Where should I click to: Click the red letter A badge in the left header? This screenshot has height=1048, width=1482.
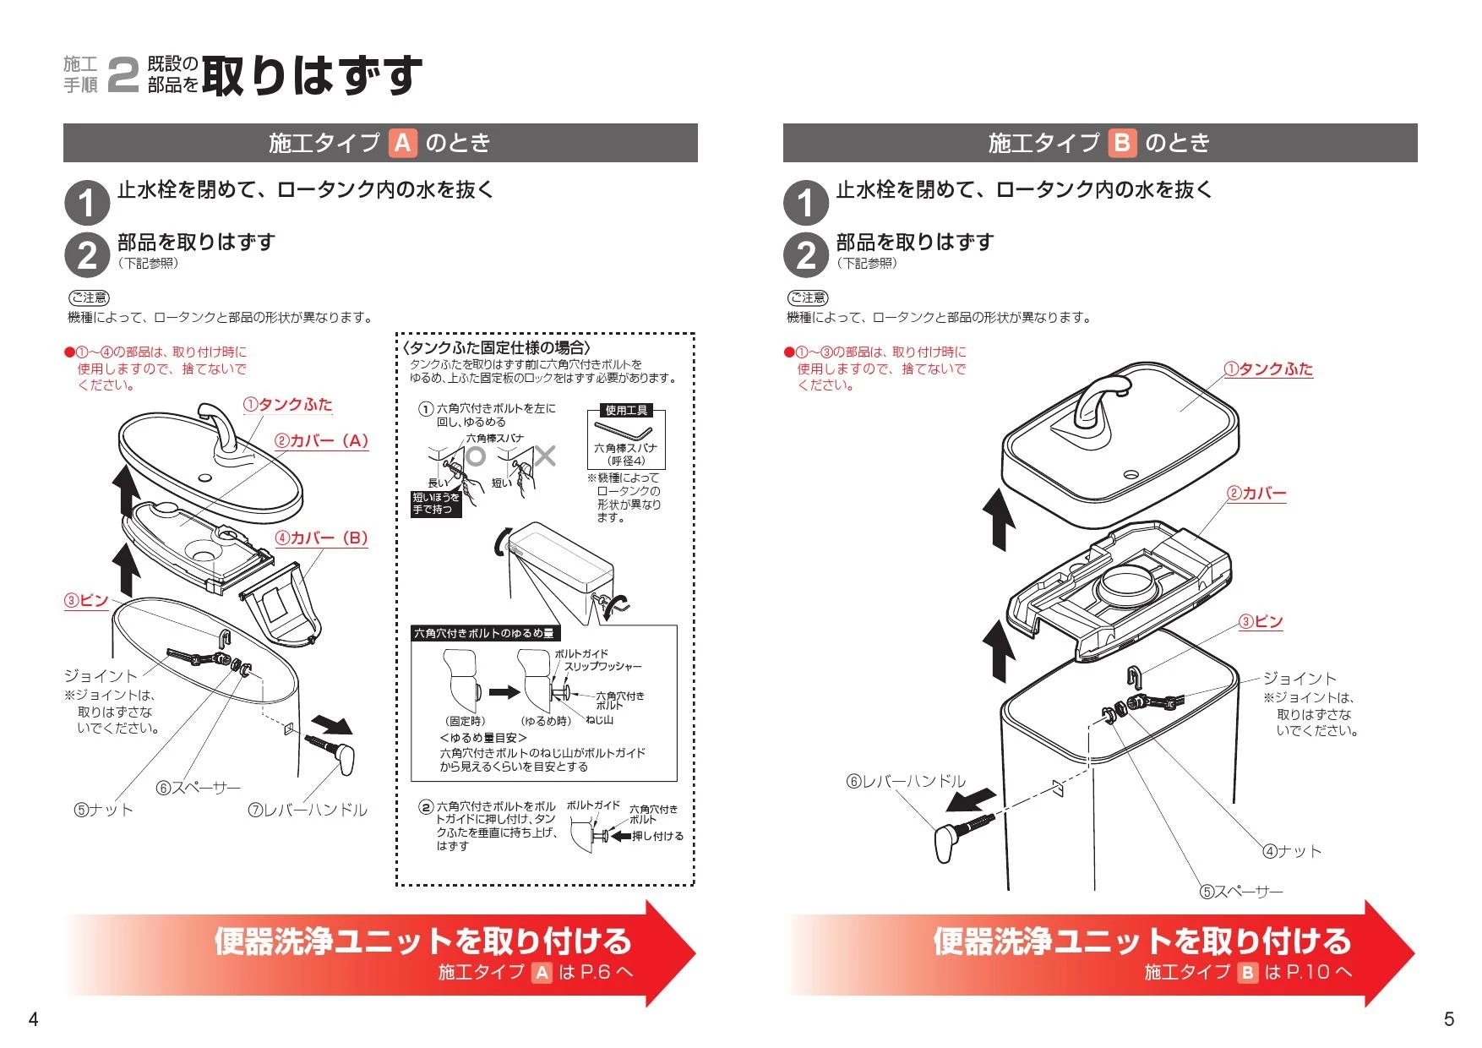403,143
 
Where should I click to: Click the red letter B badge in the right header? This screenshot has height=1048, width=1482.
1122,143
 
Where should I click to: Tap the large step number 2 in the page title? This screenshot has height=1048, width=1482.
123,75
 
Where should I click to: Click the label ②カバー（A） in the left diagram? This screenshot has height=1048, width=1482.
322,441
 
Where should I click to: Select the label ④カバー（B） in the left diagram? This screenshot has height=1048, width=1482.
322,538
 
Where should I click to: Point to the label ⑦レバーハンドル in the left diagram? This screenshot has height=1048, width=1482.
308,810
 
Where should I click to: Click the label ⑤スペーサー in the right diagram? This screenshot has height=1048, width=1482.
1241,892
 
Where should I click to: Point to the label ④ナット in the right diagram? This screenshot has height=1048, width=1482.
1292,851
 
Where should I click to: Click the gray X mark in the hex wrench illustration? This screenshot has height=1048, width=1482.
545,456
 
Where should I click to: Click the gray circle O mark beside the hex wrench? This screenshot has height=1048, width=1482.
476,456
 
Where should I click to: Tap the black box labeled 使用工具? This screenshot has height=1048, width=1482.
626,411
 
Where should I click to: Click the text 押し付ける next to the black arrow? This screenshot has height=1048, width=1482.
658,836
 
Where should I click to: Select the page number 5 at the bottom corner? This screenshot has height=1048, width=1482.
1449,1019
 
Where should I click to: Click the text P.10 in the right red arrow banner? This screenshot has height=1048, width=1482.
1307,972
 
